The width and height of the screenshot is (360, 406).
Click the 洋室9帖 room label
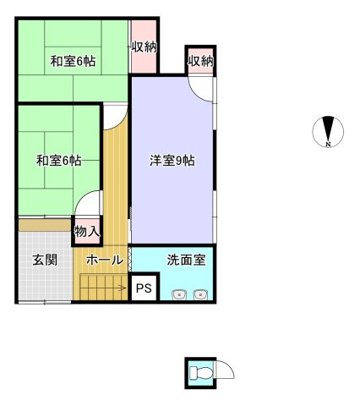pos(172,161)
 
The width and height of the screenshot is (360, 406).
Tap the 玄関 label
pos(45,260)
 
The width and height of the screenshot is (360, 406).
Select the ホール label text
pos(105,260)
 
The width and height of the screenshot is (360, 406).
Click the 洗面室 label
pos(186,260)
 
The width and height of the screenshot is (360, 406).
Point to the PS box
pos(144,288)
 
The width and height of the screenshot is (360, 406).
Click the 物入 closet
pos(87,232)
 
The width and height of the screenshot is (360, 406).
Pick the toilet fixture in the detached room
pos(200,373)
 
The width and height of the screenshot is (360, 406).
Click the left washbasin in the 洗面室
pos(178,294)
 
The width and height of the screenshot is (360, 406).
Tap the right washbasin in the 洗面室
pos(200,294)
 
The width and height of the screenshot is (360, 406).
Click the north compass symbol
pos(328,132)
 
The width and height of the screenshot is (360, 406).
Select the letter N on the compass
pos(328,144)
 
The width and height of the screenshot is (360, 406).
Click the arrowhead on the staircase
pos(123,288)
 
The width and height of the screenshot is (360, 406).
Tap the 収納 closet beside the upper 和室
pos(144,47)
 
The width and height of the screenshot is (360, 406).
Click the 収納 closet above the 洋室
pos(200,61)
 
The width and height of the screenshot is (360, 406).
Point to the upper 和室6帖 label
pos(73,61)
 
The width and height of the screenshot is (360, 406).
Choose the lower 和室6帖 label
pos(59,161)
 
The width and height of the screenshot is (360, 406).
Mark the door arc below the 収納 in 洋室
pos(197,96)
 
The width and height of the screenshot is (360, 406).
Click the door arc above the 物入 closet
pos(82,197)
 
